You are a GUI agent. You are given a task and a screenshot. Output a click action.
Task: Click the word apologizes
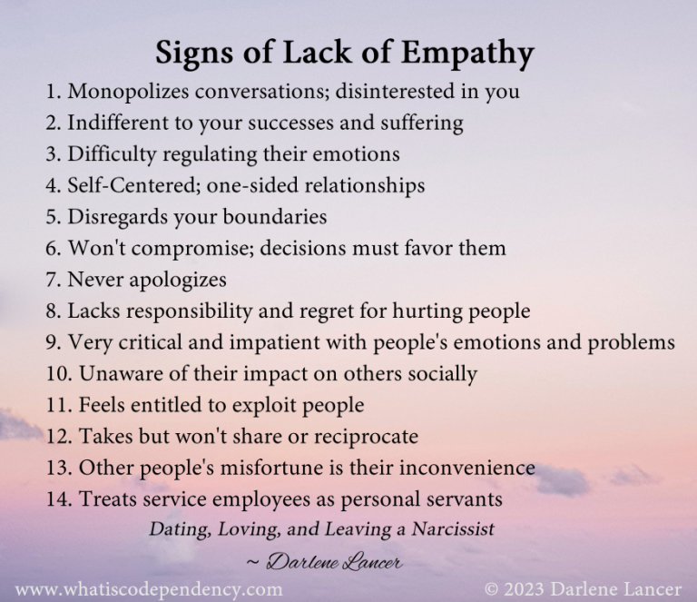tap(172, 280)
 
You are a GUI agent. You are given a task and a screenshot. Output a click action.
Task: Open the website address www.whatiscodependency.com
tap(149, 588)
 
